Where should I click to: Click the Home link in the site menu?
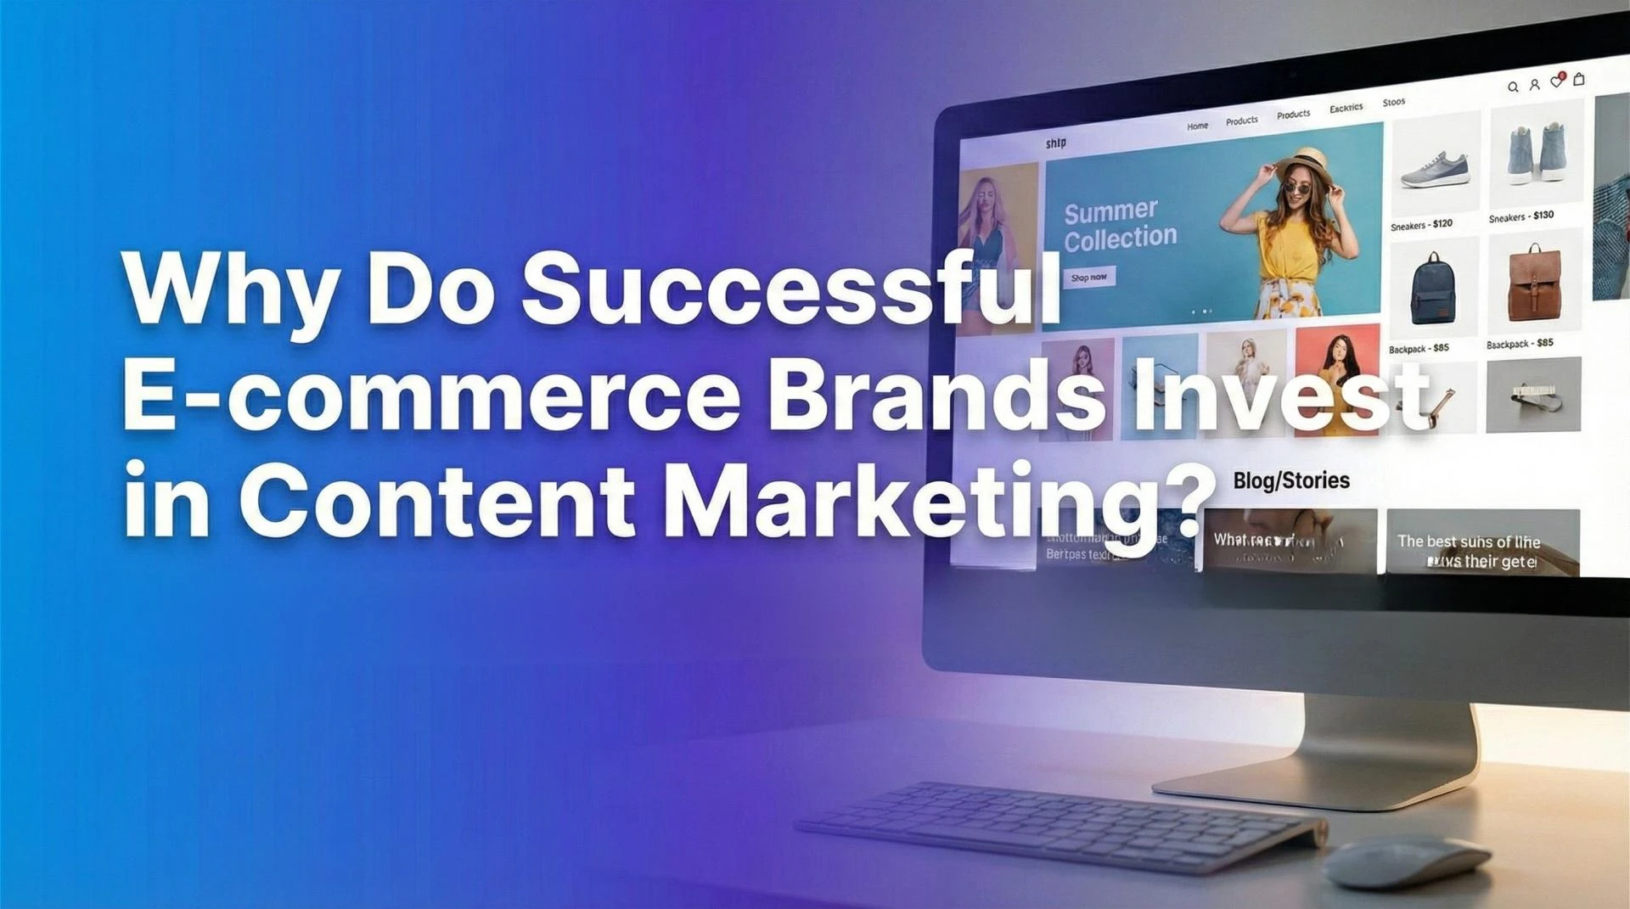point(1197,126)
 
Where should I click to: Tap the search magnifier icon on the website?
point(1513,87)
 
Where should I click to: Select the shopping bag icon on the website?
point(1579,79)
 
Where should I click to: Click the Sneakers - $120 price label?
point(1421,225)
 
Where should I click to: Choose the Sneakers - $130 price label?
point(1521,216)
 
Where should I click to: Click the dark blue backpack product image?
point(1432,289)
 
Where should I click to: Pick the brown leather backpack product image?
point(1533,283)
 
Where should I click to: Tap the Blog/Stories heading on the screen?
point(1290,480)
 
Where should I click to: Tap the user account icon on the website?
point(1535,84)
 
